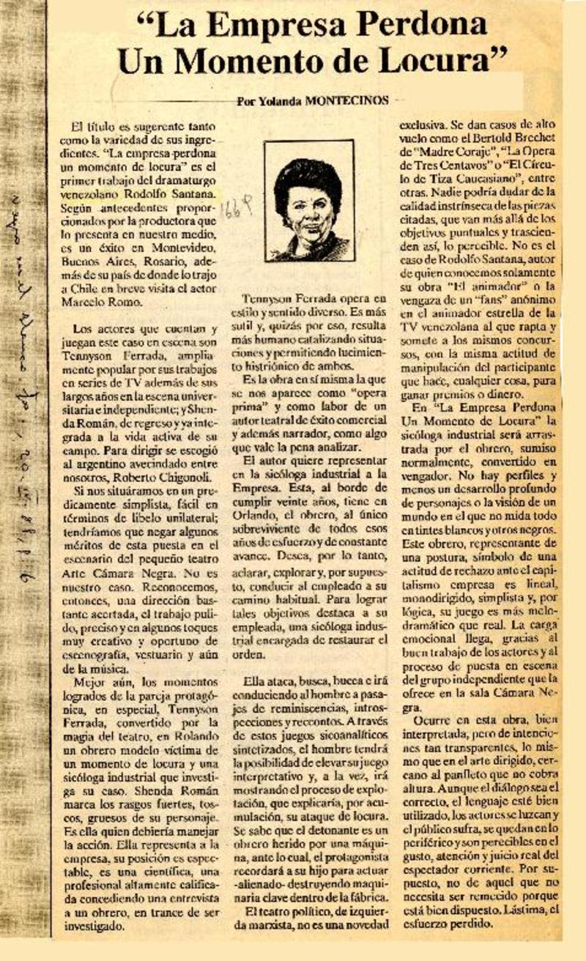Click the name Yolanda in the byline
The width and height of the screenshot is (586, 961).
click(283, 101)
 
